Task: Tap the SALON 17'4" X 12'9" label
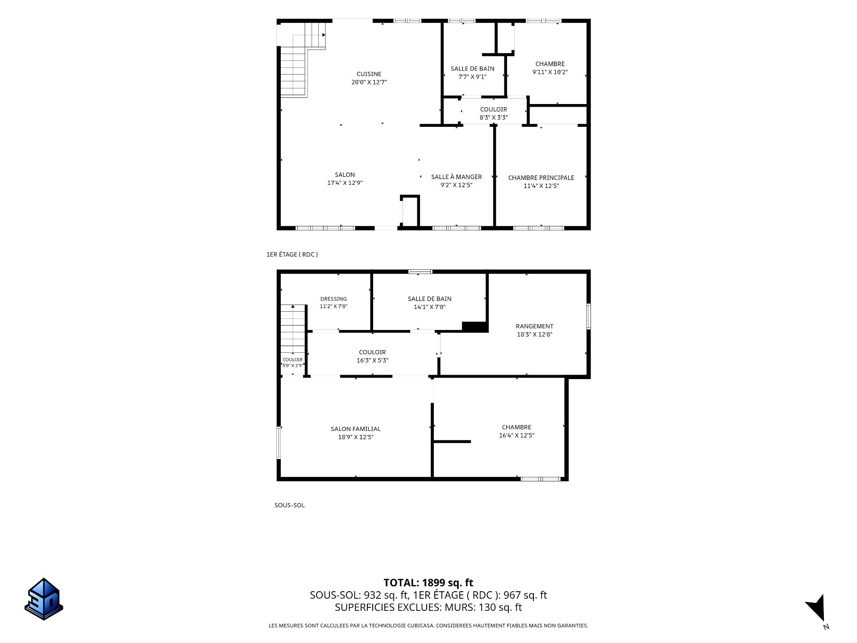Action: click(x=345, y=179)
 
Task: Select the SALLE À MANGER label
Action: click(x=456, y=177)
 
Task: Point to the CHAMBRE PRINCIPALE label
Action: click(x=541, y=178)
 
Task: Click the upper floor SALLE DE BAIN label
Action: click(x=472, y=69)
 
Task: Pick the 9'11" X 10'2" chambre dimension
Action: click(x=550, y=72)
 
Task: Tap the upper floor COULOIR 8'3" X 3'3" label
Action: click(x=493, y=113)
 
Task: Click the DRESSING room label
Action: click(x=333, y=299)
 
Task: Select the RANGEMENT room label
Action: click(x=534, y=326)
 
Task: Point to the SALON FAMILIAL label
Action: click(x=355, y=429)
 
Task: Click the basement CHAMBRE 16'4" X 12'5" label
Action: click(x=516, y=431)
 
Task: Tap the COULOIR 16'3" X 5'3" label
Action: click(x=372, y=356)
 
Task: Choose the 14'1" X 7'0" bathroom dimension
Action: click(x=429, y=307)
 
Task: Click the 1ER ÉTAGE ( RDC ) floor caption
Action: click(x=292, y=255)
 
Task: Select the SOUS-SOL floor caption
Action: click(x=289, y=505)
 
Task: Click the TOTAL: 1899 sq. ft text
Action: click(x=428, y=583)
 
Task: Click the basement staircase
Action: click(x=293, y=336)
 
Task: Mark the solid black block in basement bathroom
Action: click(x=474, y=326)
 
